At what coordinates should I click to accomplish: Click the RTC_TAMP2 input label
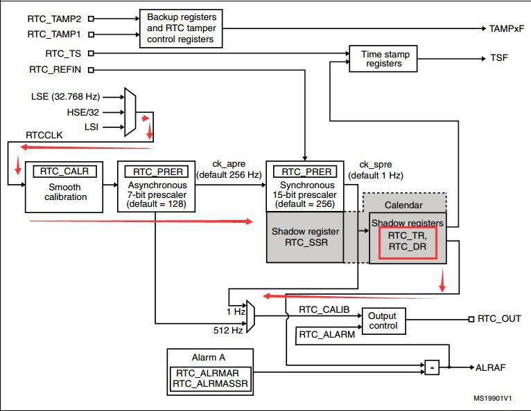(x=54, y=19)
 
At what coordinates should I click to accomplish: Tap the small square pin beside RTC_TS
(x=91, y=53)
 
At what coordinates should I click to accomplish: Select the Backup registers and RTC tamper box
(x=181, y=28)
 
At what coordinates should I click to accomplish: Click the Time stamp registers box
(x=383, y=59)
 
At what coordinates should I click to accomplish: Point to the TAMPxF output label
(x=506, y=29)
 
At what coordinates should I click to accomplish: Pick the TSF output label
(x=499, y=58)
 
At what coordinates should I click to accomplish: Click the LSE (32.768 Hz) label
(x=65, y=97)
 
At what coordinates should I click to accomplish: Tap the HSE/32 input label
(x=83, y=112)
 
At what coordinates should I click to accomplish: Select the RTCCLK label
(x=44, y=135)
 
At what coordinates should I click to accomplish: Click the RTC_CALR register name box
(x=64, y=172)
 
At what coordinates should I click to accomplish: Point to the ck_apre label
(x=229, y=164)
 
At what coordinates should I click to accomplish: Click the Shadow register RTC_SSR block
(x=305, y=237)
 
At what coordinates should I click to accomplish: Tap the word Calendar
(x=403, y=205)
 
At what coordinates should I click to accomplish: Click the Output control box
(x=383, y=321)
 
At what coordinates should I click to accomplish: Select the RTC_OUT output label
(x=499, y=319)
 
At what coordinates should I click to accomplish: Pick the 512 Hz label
(x=228, y=330)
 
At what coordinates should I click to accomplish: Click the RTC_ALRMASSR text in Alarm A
(x=210, y=383)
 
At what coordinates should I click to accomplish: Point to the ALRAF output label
(x=490, y=367)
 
